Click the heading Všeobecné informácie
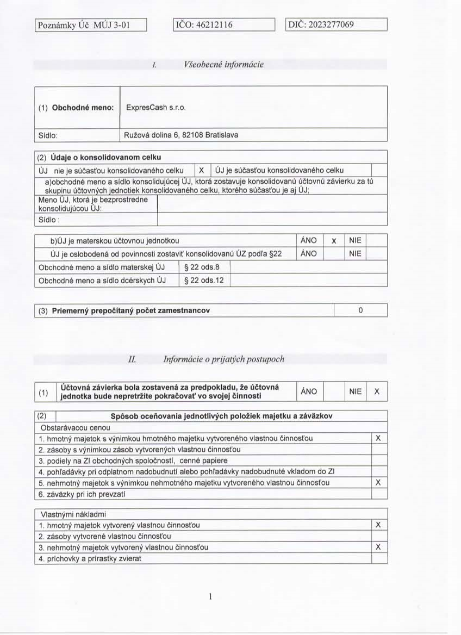(x=224, y=65)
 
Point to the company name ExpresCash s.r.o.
(x=156, y=108)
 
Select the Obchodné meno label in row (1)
(x=82, y=108)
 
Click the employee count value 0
(x=360, y=310)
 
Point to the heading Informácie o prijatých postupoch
(x=223, y=359)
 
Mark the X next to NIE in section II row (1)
(x=377, y=391)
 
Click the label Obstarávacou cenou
(x=67, y=427)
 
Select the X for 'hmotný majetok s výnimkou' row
(x=378, y=438)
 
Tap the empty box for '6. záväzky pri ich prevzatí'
(x=378, y=494)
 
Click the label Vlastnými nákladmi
(x=66, y=514)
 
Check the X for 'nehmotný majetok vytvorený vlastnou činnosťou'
(x=378, y=547)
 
